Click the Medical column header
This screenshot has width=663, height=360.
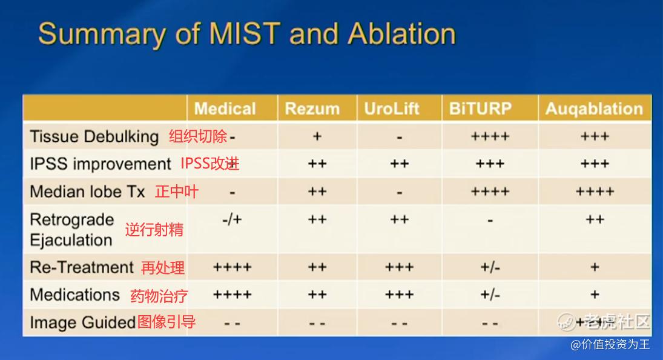coord(225,108)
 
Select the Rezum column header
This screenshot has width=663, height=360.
coord(312,108)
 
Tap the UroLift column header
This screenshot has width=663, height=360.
coord(392,108)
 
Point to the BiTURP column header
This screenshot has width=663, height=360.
coord(480,108)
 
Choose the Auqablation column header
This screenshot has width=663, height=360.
coord(594,109)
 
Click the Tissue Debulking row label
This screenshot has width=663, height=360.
coord(94,136)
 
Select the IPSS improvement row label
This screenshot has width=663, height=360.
coord(101,164)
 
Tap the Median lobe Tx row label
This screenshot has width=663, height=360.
coord(88,192)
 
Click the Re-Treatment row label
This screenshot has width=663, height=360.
coord(82,267)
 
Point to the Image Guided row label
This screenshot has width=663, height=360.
coord(82,322)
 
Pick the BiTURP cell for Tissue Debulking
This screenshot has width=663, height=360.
coord(490,136)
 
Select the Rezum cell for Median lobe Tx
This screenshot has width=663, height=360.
coord(317,192)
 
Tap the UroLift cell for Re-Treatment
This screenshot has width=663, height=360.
coord(399,267)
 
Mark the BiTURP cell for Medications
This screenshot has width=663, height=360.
coord(490,295)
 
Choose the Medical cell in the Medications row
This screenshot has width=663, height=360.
coord(232,295)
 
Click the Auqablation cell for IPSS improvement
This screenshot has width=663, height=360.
coord(595,164)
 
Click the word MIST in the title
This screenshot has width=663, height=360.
coord(245,33)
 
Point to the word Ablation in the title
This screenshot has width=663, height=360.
coord(401,33)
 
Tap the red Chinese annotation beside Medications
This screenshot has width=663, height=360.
coord(159,296)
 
